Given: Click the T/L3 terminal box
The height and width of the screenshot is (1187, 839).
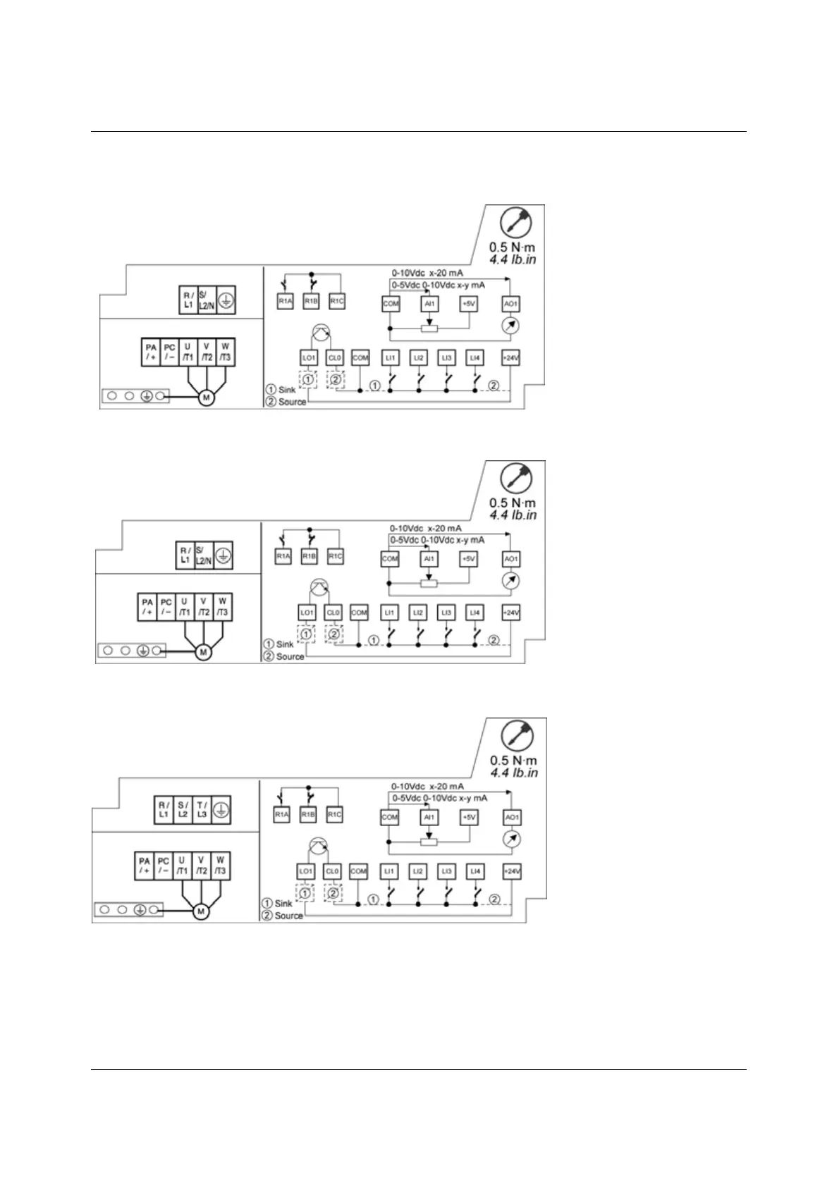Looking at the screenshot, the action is pyautogui.click(x=202, y=809).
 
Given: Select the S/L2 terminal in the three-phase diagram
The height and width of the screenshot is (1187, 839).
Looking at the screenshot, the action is pyautogui.click(x=183, y=809).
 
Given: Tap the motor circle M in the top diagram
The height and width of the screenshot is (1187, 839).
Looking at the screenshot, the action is pyautogui.click(x=206, y=398).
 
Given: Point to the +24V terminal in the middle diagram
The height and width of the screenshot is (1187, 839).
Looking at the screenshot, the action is pyautogui.click(x=510, y=613).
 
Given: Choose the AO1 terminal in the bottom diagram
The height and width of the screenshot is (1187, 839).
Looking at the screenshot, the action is pyautogui.click(x=513, y=817).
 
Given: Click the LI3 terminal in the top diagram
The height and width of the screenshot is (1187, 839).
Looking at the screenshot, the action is pyautogui.click(x=446, y=358).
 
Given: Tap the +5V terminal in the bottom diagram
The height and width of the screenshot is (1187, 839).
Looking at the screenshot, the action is pyautogui.click(x=469, y=817).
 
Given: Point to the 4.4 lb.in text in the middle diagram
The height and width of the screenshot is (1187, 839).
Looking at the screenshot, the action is pyautogui.click(x=513, y=515).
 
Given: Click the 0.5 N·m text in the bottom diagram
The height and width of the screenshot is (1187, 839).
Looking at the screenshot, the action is pyautogui.click(x=514, y=761).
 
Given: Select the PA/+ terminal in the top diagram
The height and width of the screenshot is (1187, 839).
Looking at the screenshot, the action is pyautogui.click(x=150, y=351).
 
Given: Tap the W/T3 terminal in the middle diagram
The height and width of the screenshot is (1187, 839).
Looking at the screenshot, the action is pyautogui.click(x=222, y=607).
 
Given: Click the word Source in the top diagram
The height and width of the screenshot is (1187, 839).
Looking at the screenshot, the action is pyautogui.click(x=292, y=402).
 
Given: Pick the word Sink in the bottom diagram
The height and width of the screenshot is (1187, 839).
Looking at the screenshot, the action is pyautogui.click(x=283, y=903).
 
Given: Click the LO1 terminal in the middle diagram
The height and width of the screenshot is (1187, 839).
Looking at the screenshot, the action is pyautogui.click(x=307, y=613).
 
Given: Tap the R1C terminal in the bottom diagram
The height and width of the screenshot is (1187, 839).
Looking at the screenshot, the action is pyautogui.click(x=334, y=815).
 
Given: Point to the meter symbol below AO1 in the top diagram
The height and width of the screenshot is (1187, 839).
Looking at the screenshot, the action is pyautogui.click(x=512, y=326).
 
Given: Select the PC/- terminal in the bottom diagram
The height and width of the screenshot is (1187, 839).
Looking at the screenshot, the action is pyautogui.click(x=163, y=866).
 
